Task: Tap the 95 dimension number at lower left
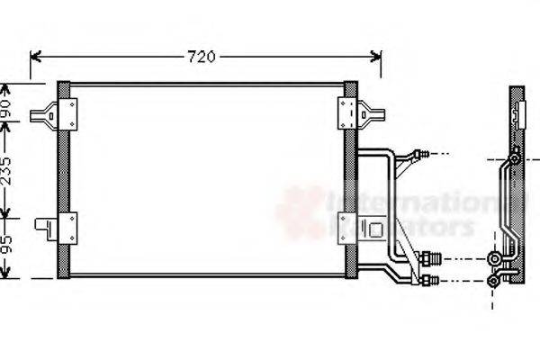tap(8, 245)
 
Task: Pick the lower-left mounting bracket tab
tap(43, 225)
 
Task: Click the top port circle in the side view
tap(513, 159)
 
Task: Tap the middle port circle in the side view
tap(494, 259)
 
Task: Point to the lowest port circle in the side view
tap(493, 282)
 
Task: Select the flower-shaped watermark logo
tap(300, 211)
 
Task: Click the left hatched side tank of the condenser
tap(63, 180)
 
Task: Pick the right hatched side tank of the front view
tap(350, 180)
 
